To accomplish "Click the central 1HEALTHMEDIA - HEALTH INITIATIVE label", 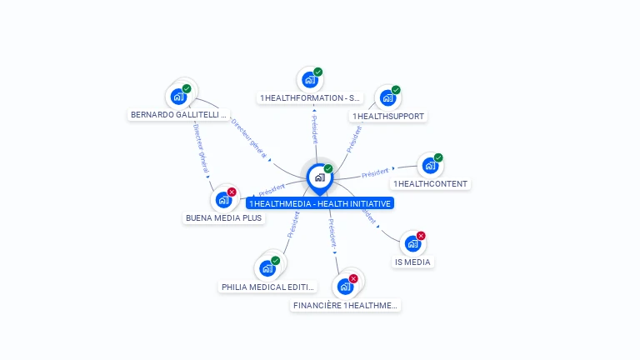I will click(x=319, y=203).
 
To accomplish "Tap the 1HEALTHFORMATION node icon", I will click(x=310, y=80).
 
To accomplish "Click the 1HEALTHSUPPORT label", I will click(x=388, y=117).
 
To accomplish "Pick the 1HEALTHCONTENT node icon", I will click(x=430, y=166).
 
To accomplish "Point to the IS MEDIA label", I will click(x=412, y=262).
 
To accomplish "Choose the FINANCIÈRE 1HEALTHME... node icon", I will click(x=345, y=287).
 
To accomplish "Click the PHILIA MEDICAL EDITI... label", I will click(x=268, y=287).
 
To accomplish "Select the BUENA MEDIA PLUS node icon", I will click(x=222, y=200).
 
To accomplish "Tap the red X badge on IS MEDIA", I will click(x=421, y=236).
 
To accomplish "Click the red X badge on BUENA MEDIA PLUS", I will click(x=232, y=192).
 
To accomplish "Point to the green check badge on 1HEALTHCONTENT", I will click(x=438, y=157).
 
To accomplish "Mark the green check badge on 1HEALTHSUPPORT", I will click(x=396, y=90).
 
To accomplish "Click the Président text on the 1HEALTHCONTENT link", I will click(x=376, y=173).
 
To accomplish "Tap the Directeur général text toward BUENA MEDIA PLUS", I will click(x=201, y=151).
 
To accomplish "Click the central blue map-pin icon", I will click(x=319, y=177).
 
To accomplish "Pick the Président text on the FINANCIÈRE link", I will click(x=331, y=235).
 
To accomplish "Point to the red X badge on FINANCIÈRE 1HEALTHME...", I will click(x=353, y=278).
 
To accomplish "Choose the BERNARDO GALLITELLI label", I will click(x=178, y=114).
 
